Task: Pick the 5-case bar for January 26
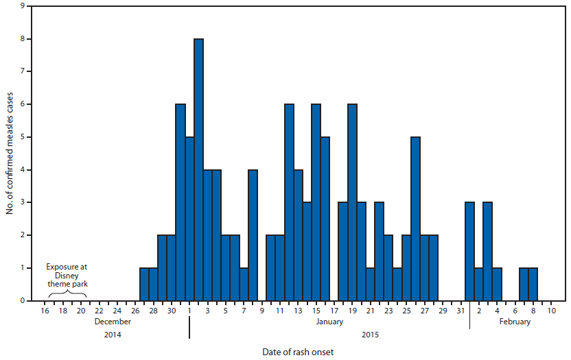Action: (415, 219)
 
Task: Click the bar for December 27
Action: (144, 284)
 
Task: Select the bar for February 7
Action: (524, 284)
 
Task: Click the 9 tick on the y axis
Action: (25, 6)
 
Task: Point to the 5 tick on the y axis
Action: (25, 137)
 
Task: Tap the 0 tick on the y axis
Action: (25, 300)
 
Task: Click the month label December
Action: (113, 322)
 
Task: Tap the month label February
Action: (514, 322)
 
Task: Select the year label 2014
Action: (113, 335)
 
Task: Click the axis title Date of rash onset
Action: (298, 352)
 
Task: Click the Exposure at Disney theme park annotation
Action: (67, 275)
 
